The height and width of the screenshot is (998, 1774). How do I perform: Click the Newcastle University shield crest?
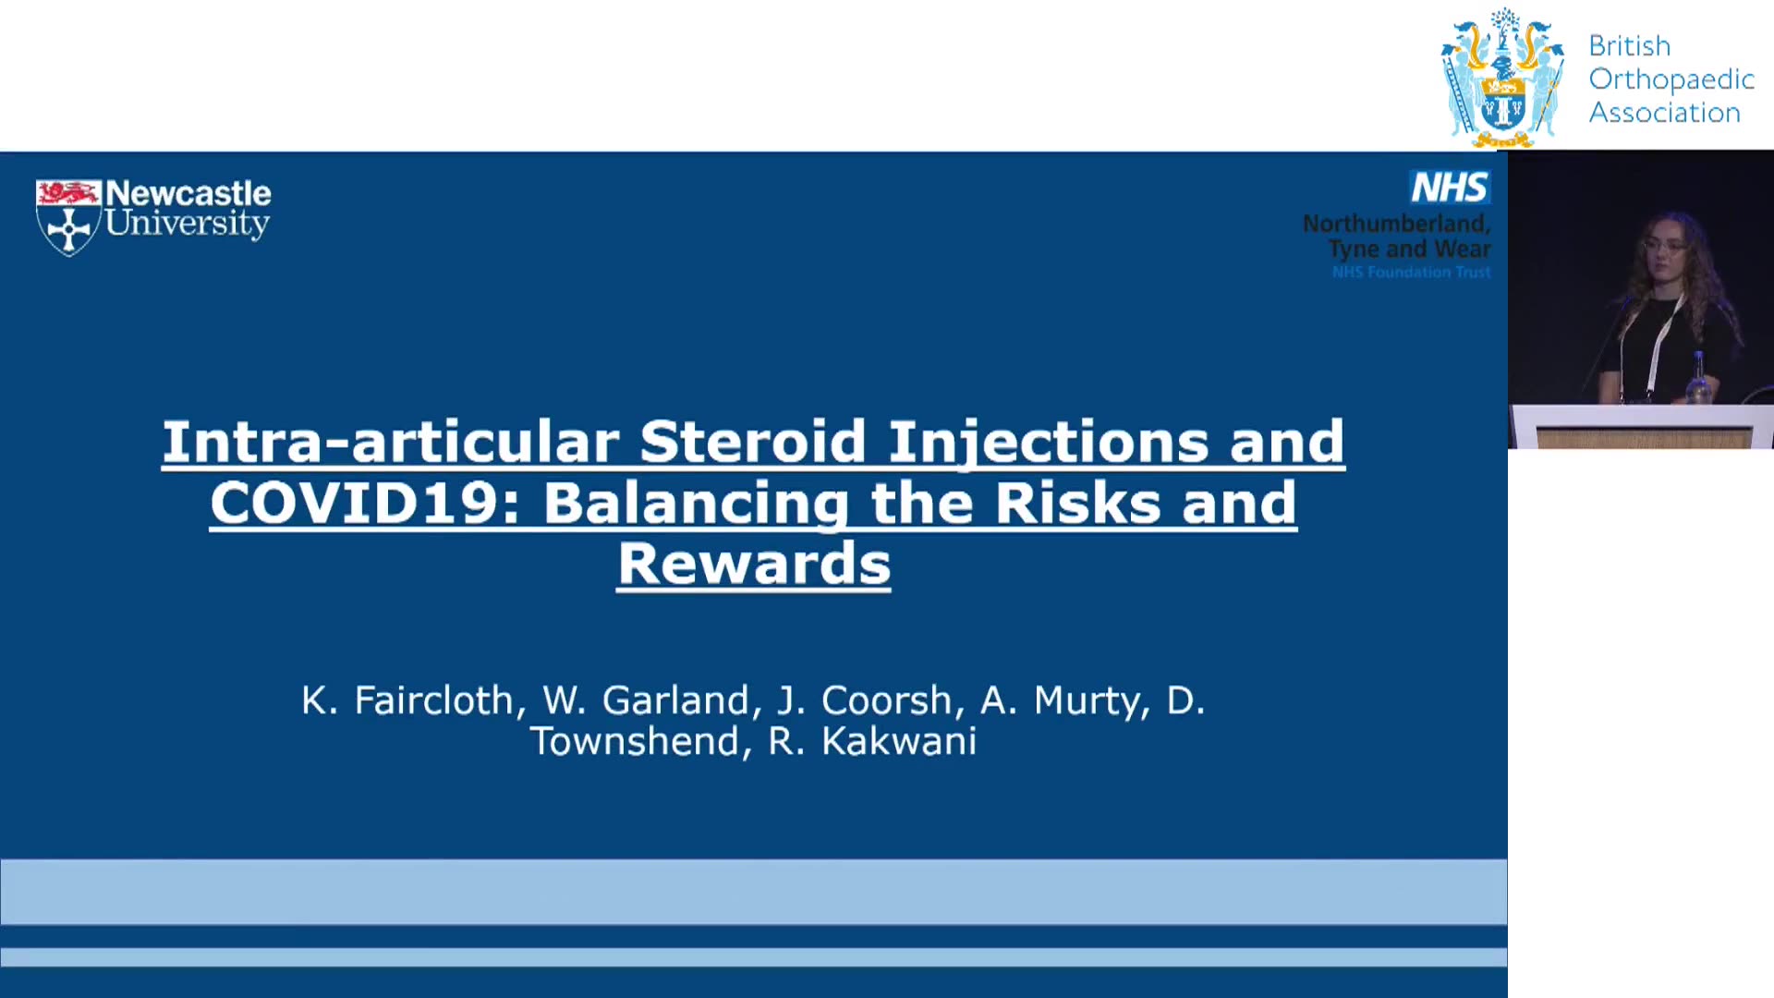tap(67, 217)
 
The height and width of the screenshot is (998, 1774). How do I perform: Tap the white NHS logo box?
tap(1450, 188)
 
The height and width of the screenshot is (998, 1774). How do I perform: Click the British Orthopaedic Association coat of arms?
tap(1502, 79)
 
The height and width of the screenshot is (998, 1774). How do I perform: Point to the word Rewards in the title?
tap(754, 564)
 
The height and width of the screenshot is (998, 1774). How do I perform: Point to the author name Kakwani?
tap(899, 741)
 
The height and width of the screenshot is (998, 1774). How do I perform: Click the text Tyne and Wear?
tap(1409, 249)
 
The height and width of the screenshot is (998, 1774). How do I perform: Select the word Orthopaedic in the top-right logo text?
tap(1671, 79)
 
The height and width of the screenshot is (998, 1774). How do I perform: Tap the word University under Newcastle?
tap(188, 224)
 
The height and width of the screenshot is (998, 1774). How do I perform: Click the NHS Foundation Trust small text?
tap(1411, 272)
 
